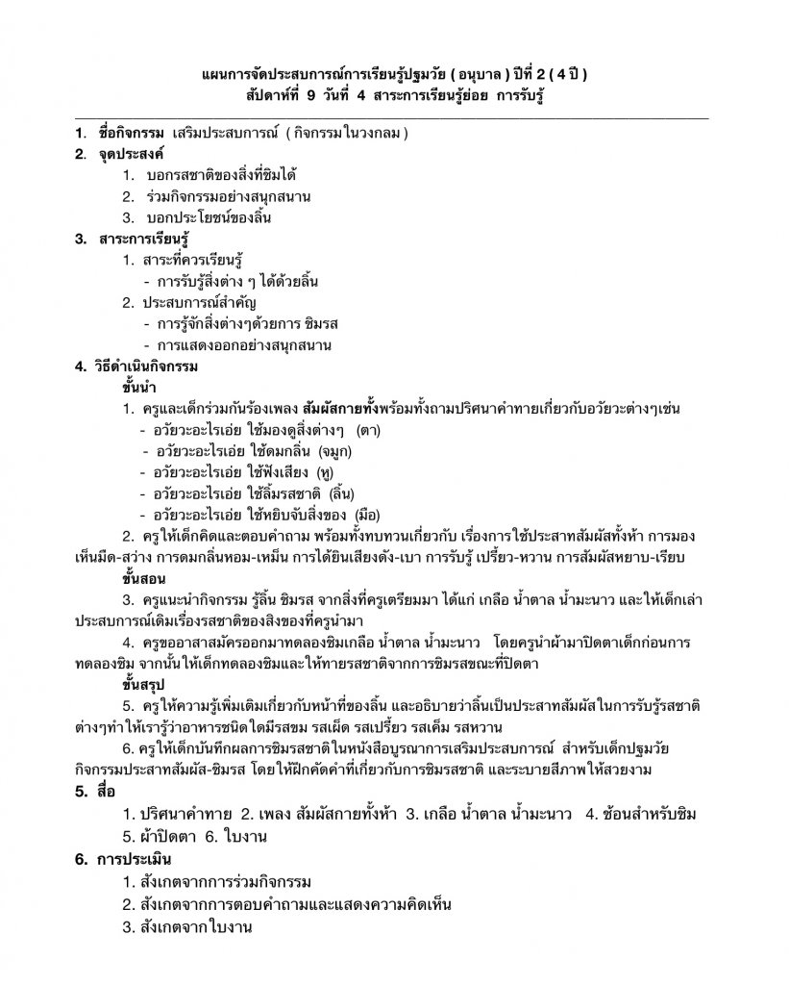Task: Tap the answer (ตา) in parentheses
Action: (x=367, y=430)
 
